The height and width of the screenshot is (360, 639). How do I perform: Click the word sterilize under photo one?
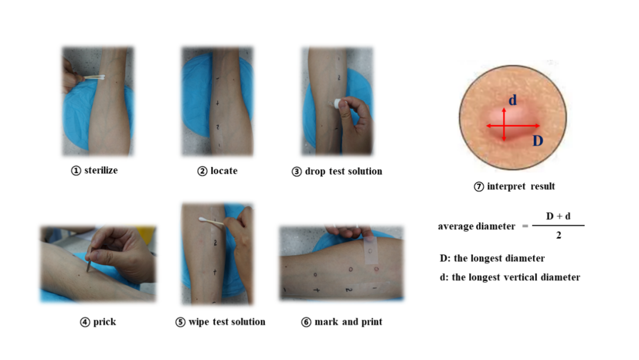click(101, 171)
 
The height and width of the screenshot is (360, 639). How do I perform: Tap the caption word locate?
click(224, 171)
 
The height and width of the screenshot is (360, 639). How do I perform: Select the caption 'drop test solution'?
click(344, 171)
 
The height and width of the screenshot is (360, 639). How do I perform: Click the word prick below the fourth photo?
click(104, 322)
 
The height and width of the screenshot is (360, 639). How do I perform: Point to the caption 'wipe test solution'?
click(227, 322)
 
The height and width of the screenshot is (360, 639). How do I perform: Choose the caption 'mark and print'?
click(348, 322)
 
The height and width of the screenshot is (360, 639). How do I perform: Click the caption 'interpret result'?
click(521, 187)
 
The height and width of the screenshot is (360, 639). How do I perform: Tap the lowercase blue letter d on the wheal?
click(512, 100)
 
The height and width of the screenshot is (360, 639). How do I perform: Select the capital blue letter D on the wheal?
click(537, 141)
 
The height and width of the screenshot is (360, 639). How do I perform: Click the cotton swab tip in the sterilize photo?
click(101, 77)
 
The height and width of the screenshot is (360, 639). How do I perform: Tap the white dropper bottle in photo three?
click(337, 104)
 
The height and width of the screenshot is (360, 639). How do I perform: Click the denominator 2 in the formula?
click(559, 235)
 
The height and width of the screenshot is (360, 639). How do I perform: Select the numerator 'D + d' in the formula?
click(558, 216)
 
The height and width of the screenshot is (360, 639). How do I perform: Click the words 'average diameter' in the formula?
click(476, 226)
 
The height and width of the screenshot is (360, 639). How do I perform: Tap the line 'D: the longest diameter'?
click(492, 259)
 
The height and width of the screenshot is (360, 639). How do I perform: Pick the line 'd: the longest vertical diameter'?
click(509, 277)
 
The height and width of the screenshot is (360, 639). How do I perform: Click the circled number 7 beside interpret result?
click(479, 187)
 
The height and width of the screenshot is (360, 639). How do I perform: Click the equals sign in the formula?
click(525, 226)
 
